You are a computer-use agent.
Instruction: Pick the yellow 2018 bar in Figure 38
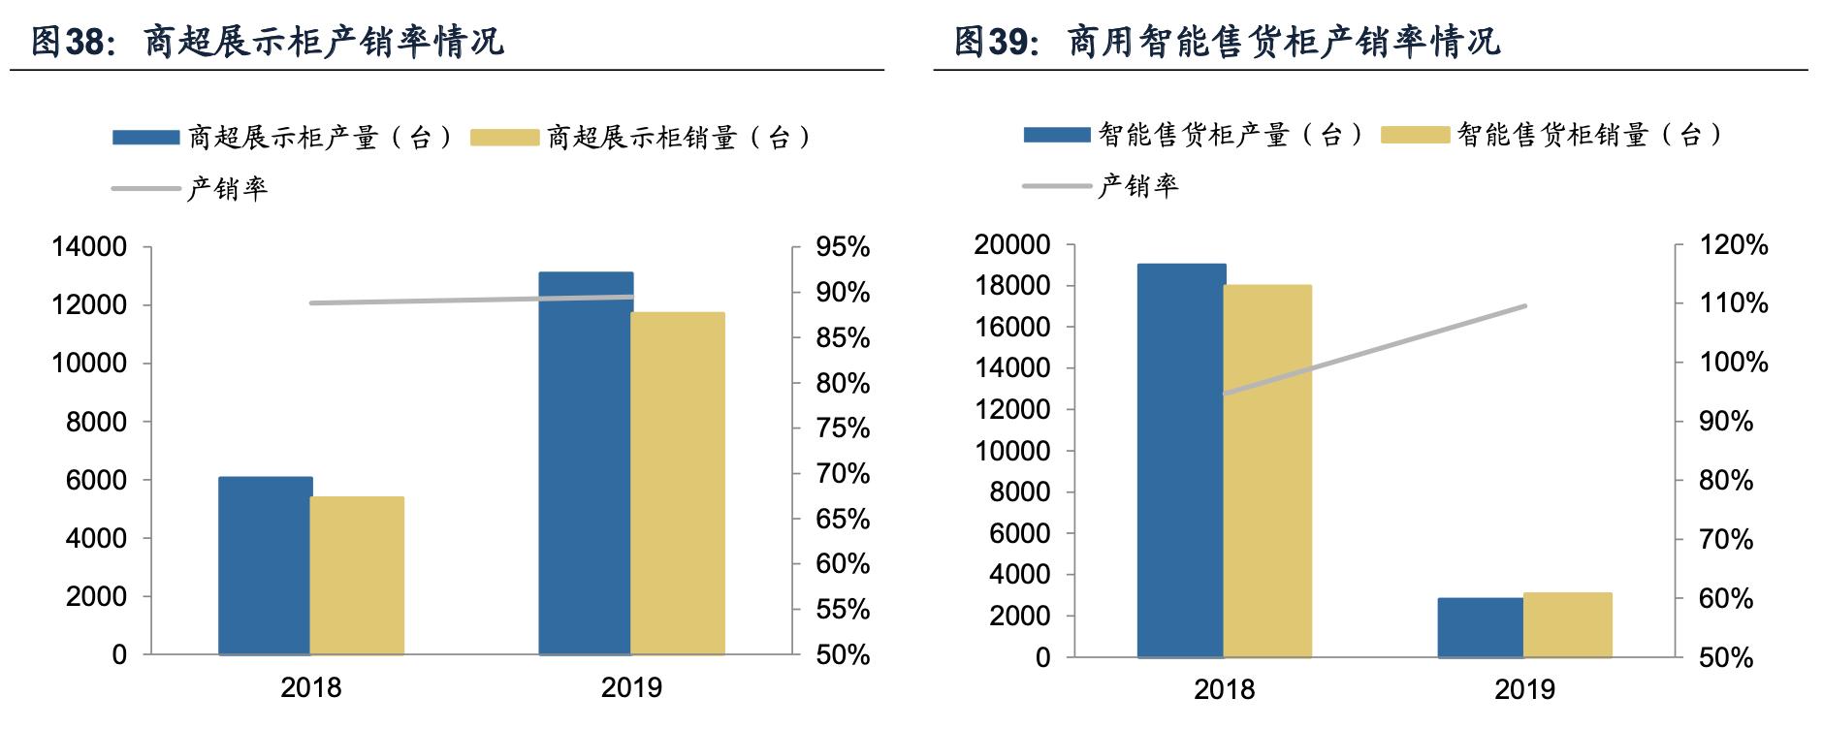pyautogui.click(x=357, y=576)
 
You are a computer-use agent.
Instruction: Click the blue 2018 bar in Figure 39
pyautogui.click(x=1180, y=460)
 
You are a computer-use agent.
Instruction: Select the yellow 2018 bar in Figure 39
pyautogui.click(x=1267, y=471)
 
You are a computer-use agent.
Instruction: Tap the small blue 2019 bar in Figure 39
pyautogui.click(x=1480, y=627)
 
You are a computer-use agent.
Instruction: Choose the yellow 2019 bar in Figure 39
pyautogui.click(x=1567, y=624)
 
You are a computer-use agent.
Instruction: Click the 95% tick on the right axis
pyautogui.click(x=842, y=247)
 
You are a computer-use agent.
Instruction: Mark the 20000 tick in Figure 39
pyautogui.click(x=1012, y=244)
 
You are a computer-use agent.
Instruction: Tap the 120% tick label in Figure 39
pyautogui.click(x=1734, y=245)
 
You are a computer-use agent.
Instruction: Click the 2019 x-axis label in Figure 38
pyautogui.click(x=631, y=688)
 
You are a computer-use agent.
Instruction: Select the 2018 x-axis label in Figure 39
pyautogui.click(x=1224, y=690)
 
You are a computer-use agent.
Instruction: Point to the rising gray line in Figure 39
pyautogui.click(x=1375, y=350)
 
